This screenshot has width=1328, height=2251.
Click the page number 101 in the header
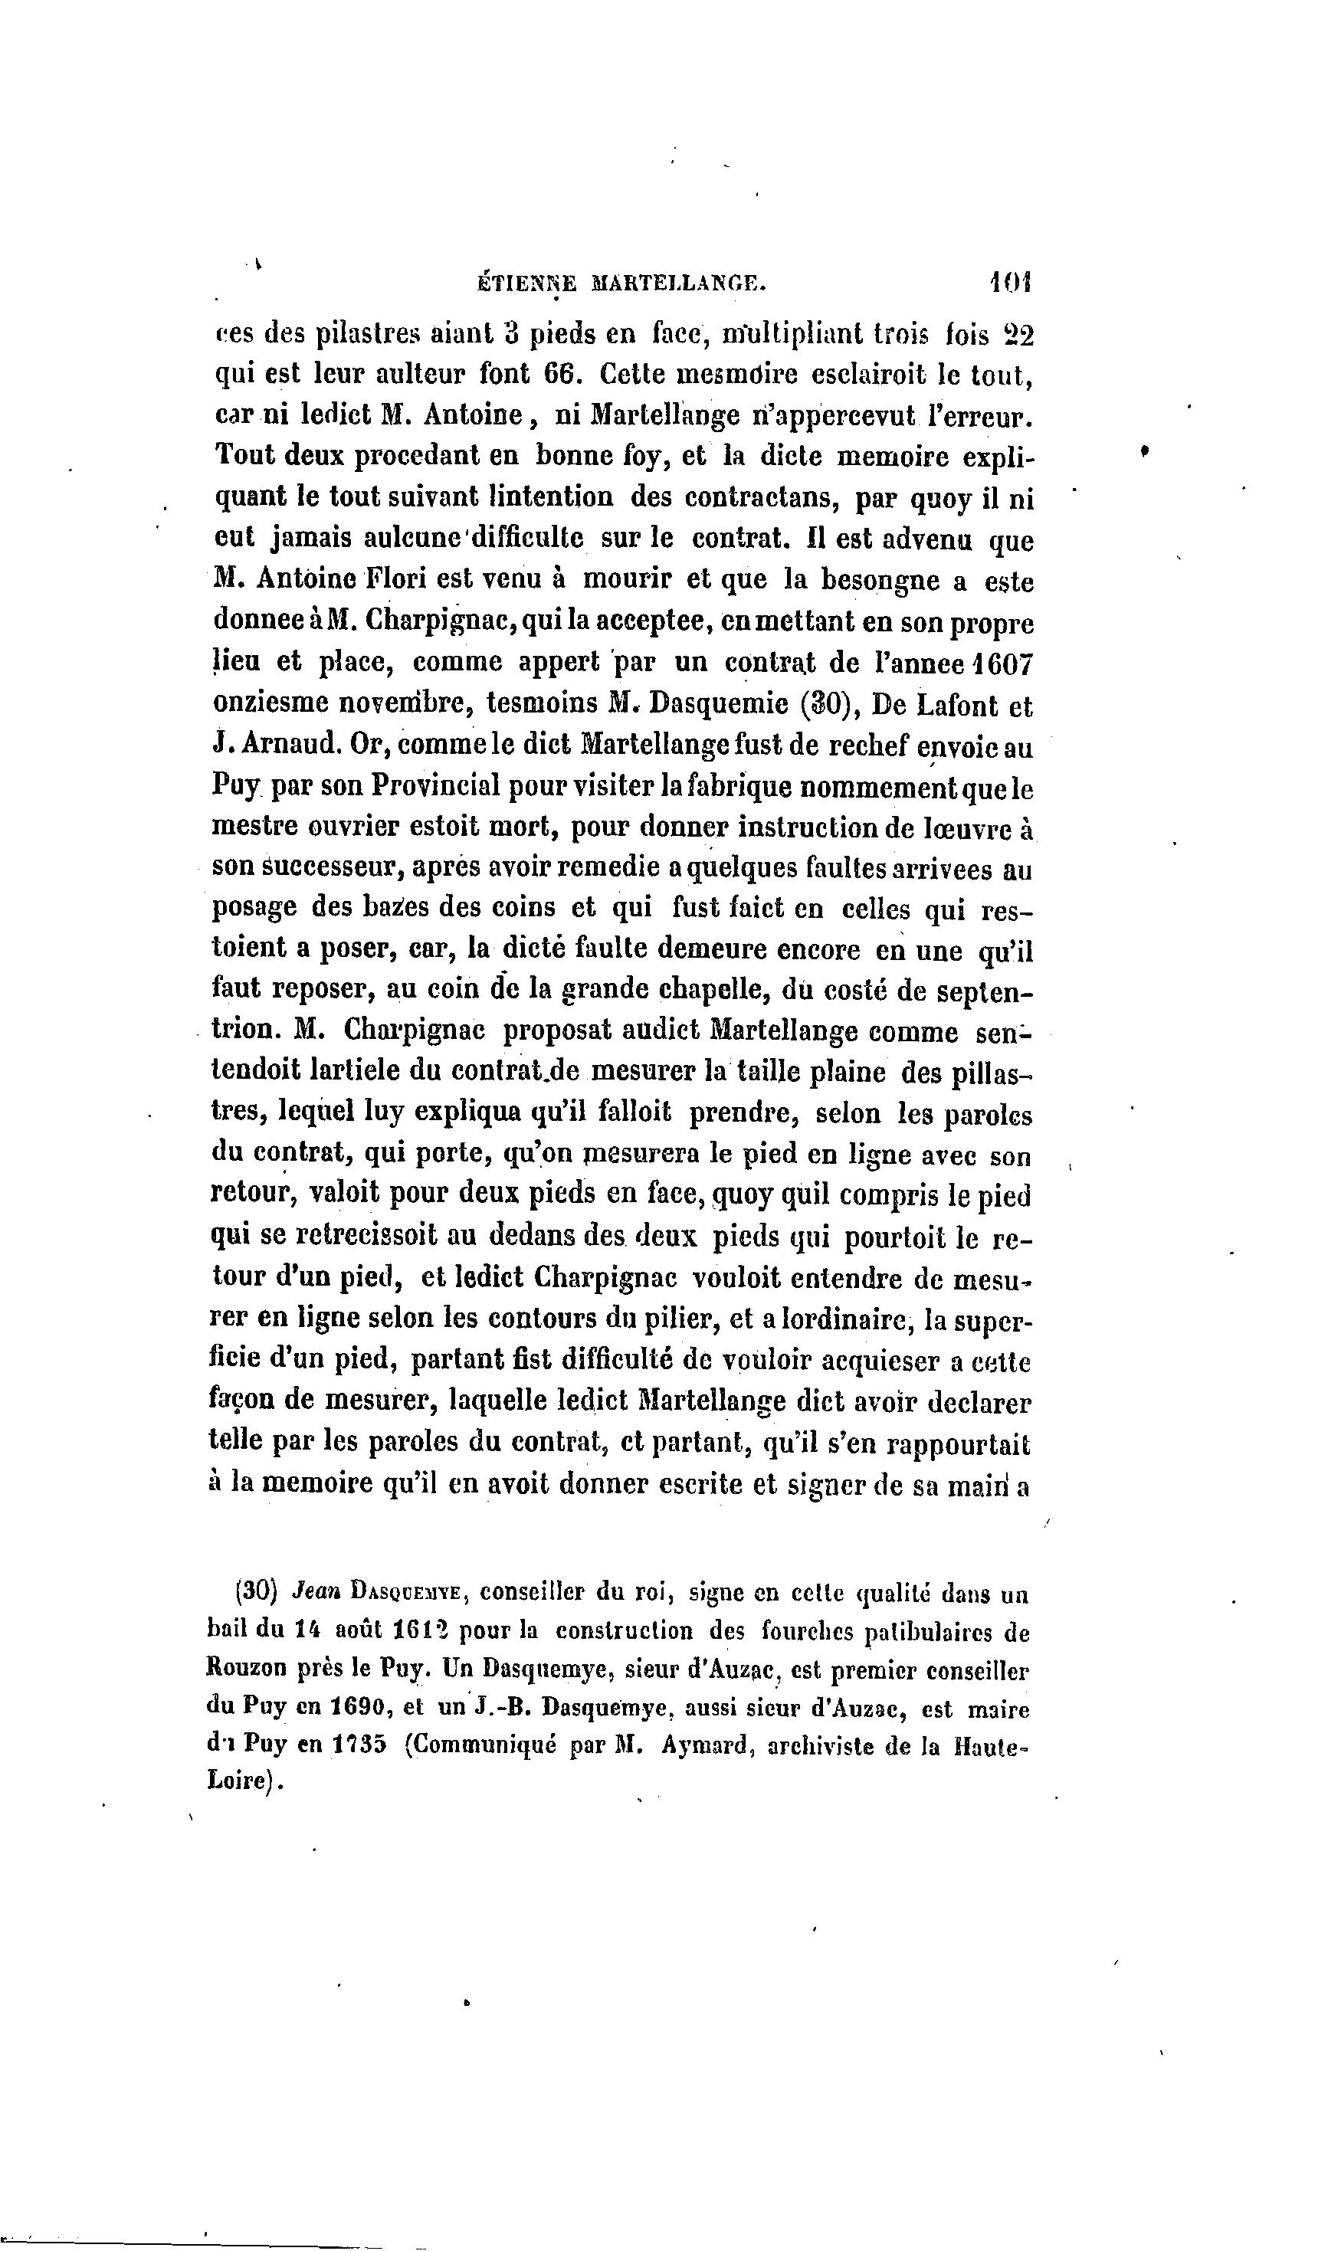[x=1012, y=283]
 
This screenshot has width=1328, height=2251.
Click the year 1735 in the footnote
[x=356, y=1748]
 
